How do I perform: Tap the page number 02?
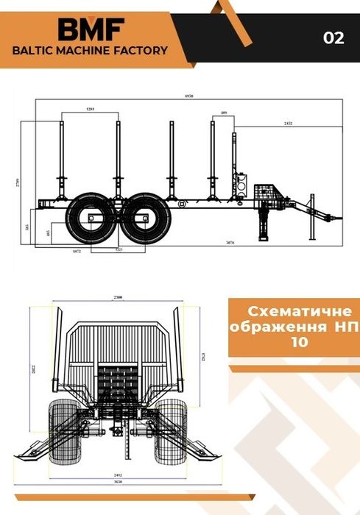(x=333, y=38)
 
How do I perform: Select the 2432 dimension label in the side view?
(x=287, y=124)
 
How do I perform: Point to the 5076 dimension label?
(x=230, y=241)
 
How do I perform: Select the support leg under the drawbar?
(x=263, y=221)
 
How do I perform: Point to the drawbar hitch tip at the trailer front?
(x=339, y=218)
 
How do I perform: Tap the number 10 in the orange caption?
(x=292, y=342)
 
